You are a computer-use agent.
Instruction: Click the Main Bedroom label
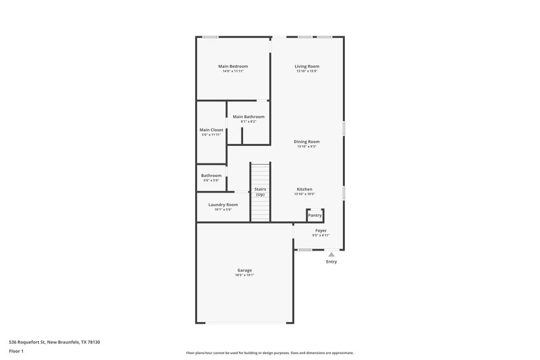[x=233, y=66]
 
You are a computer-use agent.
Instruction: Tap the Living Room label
[x=306, y=66]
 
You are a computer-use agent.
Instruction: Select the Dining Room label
[x=306, y=142]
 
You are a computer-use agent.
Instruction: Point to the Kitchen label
[x=304, y=189]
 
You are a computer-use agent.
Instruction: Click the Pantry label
[x=315, y=215]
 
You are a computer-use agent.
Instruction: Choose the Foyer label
[x=321, y=230]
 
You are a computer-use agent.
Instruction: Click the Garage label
[x=244, y=270]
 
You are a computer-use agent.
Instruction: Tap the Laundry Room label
[x=223, y=205]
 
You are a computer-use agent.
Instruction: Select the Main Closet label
[x=211, y=130]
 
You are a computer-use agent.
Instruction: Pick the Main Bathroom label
[x=248, y=117]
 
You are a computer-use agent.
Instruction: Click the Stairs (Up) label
[x=260, y=192]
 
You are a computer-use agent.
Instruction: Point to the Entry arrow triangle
[x=331, y=255]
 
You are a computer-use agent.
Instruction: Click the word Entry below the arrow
[x=331, y=262]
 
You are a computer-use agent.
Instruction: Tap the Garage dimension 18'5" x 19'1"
[x=244, y=276]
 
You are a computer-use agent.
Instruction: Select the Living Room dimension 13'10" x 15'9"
[x=306, y=72]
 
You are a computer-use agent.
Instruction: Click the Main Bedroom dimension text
[x=233, y=72]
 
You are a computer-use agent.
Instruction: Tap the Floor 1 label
[x=17, y=352]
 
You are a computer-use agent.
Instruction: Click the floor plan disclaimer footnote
[x=269, y=353]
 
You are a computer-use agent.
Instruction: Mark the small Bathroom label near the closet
[x=211, y=176]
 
